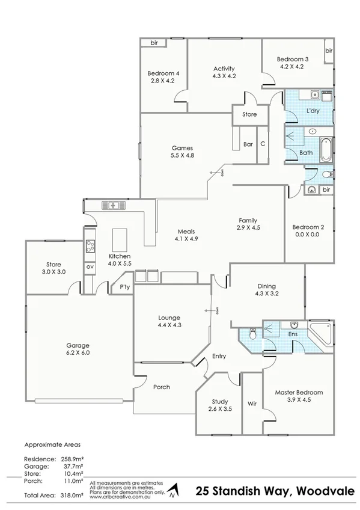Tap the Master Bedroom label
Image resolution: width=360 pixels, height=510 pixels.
pyautogui.click(x=299, y=393)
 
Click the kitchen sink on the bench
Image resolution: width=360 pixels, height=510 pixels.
pyautogui.click(x=112, y=206)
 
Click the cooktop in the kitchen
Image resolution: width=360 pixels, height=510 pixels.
pyautogui.click(x=90, y=245)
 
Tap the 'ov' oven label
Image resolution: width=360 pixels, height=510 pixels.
pyautogui.click(x=90, y=266)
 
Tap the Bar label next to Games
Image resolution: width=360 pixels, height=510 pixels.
pyautogui.click(x=248, y=144)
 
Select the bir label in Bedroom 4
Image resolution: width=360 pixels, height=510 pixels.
pyautogui.click(x=154, y=43)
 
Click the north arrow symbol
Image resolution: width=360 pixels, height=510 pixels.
pyautogui.click(x=173, y=491)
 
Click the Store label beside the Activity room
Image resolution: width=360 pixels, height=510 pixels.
pyautogui.click(x=249, y=114)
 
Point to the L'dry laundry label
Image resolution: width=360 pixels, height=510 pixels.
pyautogui.click(x=313, y=111)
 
